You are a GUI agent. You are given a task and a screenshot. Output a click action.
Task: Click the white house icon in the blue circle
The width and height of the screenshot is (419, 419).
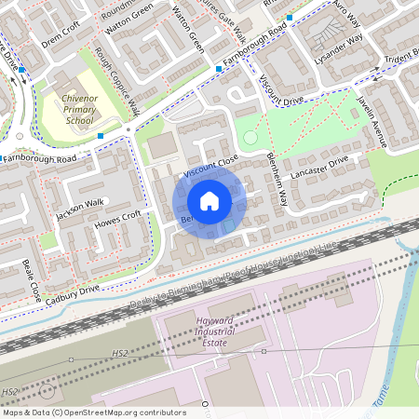coord(209,200)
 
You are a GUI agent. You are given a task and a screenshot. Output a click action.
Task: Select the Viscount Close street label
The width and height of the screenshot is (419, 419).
coord(210,167)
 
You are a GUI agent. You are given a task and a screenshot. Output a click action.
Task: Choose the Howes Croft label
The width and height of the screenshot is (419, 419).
coord(118,221)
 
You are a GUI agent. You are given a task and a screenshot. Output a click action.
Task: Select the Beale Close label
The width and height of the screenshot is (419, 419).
coord(32,280)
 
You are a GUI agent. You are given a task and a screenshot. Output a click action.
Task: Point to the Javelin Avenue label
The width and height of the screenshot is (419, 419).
coord(372,119)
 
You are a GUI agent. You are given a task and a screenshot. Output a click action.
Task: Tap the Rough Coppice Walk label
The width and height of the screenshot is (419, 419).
coord(117,80)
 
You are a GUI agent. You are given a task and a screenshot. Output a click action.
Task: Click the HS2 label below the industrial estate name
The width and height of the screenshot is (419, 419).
coord(120,355)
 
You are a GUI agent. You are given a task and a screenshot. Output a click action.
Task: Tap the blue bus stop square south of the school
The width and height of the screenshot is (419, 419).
coord(101,136)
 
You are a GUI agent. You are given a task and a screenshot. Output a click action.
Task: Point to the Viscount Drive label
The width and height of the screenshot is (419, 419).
coord(282,91)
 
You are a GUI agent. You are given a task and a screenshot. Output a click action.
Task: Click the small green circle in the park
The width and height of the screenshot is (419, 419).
coord(250,139)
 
